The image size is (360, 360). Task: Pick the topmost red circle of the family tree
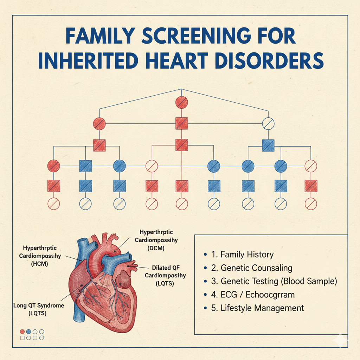[182, 103]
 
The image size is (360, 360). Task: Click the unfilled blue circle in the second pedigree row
[269, 123]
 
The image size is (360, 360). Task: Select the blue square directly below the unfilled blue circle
[269, 145]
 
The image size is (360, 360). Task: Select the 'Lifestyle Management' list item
[262, 308]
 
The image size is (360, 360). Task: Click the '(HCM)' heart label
[39, 263]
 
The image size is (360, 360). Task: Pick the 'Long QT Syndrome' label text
[39, 305]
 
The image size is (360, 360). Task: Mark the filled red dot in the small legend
[22, 331]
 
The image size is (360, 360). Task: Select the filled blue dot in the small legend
[29, 331]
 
